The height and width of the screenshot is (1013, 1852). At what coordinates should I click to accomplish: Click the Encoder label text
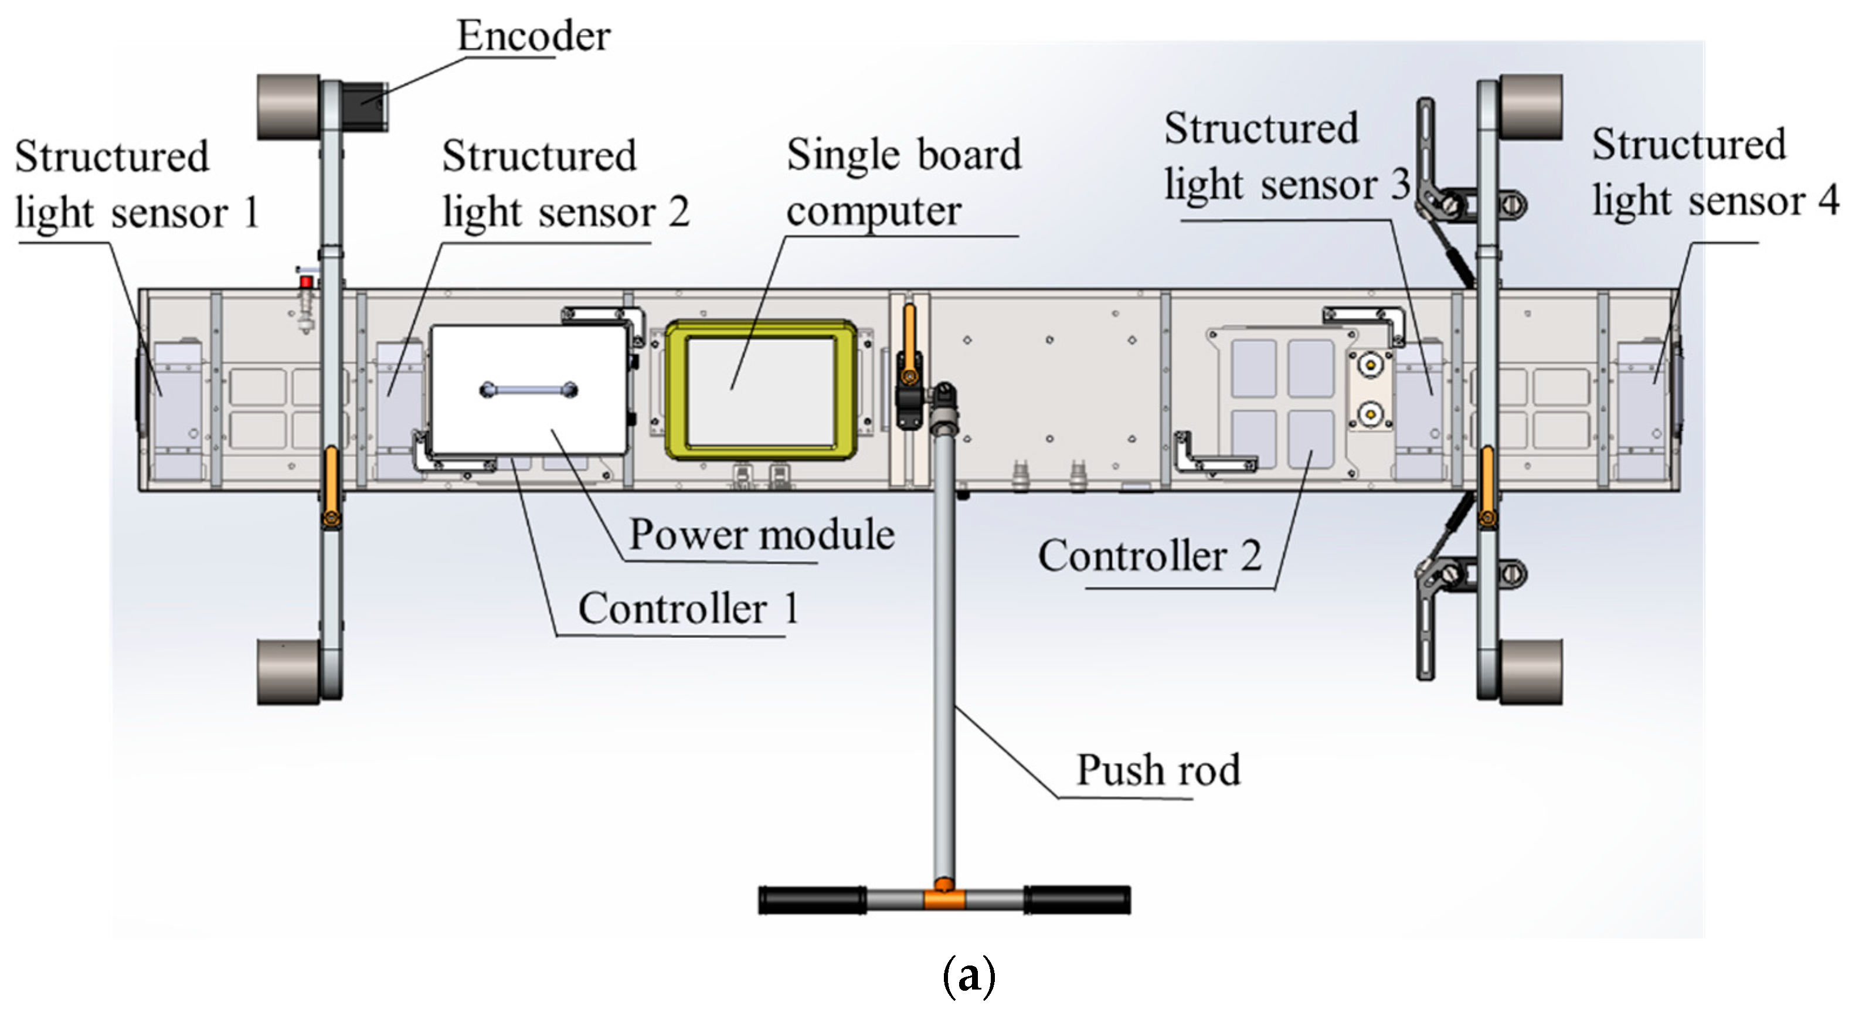tap(533, 36)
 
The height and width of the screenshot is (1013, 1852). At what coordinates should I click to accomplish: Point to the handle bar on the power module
tap(528, 390)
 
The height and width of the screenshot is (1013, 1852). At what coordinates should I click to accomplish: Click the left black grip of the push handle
tap(813, 900)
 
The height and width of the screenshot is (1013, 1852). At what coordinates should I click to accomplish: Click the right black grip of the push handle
tap(1077, 900)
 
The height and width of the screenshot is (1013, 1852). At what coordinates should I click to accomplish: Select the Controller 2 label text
tap(1149, 556)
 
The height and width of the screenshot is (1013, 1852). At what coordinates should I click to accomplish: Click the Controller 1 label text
tap(688, 609)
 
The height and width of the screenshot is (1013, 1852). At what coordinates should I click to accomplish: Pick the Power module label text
tap(762, 535)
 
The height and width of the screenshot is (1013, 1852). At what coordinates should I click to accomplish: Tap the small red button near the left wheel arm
tap(306, 282)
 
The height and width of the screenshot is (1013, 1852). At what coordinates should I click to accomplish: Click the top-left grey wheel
tap(288, 107)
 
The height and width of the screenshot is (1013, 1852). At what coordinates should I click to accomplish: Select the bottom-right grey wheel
tap(1531, 671)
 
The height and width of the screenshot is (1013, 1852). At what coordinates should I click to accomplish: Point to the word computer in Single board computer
tap(874, 212)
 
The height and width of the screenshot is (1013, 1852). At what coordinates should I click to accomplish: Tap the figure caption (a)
tap(969, 975)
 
